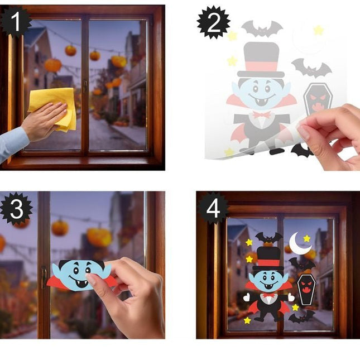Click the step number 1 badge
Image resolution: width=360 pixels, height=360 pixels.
click(16, 22)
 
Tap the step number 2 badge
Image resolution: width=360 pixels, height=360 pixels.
click(214, 22)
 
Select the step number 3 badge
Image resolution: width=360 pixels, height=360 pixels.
click(17, 209)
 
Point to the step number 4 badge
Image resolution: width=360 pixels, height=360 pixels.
click(213, 209)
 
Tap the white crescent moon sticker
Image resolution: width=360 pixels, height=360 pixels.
click(299, 244)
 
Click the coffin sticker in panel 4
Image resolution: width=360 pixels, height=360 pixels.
click(306, 290)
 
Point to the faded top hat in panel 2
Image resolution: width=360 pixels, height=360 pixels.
click(261, 60)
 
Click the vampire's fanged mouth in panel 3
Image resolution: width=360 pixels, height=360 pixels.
click(79, 283)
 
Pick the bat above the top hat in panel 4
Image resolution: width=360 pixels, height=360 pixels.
click(269, 238)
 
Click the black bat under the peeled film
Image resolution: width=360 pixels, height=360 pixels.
click(300, 150)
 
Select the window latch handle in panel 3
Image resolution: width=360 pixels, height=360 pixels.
click(44, 277)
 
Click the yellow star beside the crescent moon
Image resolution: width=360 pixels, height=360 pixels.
click(307, 238)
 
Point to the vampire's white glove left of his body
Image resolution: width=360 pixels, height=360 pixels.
click(247, 297)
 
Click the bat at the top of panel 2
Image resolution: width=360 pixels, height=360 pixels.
click(262, 28)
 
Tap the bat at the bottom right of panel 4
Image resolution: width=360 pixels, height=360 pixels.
click(302, 317)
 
